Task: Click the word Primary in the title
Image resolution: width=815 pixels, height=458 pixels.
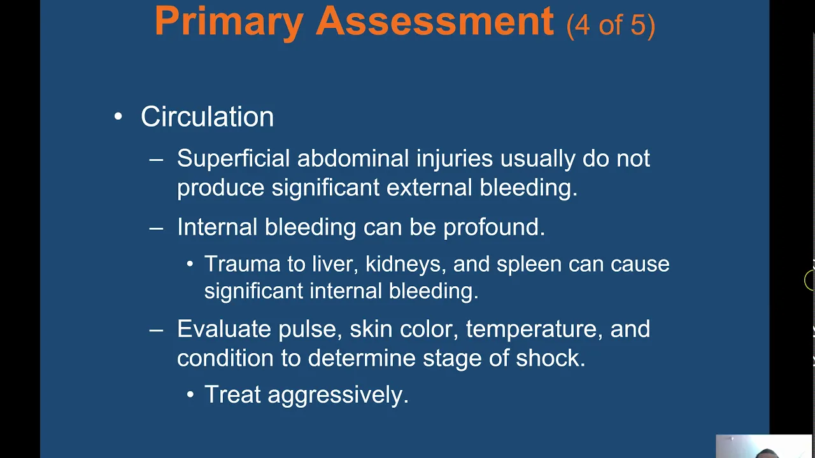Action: click(x=229, y=22)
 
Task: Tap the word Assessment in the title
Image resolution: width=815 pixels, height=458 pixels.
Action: click(x=435, y=21)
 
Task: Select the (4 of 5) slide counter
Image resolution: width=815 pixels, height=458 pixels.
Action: click(x=611, y=25)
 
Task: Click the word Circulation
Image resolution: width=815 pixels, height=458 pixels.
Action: click(x=207, y=116)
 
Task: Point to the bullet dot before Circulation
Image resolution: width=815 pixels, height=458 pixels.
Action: click(x=118, y=116)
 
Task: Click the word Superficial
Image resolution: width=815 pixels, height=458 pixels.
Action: click(x=233, y=158)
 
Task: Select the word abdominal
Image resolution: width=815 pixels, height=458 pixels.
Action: click(x=353, y=158)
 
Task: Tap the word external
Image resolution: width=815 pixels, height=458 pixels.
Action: click(x=429, y=187)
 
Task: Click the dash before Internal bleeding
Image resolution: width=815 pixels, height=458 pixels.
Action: click(x=156, y=228)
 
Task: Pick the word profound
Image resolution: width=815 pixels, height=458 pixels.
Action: click(x=493, y=228)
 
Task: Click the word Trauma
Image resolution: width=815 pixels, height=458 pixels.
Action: click(x=242, y=263)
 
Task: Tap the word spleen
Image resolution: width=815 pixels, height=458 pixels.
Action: click(x=529, y=265)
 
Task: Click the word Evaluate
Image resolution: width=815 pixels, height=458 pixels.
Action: click(x=223, y=329)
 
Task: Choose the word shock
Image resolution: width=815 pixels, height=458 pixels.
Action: click(x=551, y=358)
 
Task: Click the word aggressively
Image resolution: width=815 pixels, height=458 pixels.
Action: click(x=338, y=395)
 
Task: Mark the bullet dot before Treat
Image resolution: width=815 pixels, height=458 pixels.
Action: click(x=190, y=395)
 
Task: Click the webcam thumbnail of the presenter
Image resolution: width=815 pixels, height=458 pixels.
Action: click(x=763, y=446)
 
